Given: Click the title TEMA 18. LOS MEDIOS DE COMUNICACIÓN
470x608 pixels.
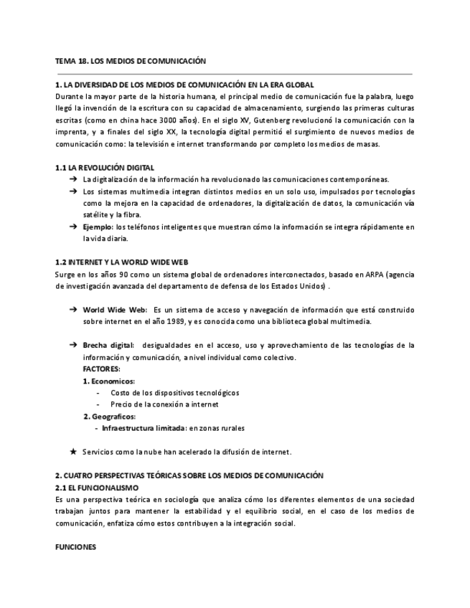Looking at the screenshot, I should tap(131, 62).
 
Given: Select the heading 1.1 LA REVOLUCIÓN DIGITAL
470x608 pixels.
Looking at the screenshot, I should tap(104, 167).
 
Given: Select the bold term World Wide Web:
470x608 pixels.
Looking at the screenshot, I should tap(115, 310).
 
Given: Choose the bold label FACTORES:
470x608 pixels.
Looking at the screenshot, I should tap(101, 369).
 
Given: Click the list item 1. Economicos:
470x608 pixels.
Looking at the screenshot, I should tap(109, 381).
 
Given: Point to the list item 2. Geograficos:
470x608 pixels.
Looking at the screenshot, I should tap(109, 416).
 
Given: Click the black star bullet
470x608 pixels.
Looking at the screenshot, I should tap(72, 452).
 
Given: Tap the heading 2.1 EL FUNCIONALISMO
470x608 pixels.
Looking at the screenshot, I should tap(97, 487).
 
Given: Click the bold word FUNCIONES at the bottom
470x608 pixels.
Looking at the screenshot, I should tap(75, 546).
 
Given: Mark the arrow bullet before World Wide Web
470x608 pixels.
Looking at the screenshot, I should tap(73, 310).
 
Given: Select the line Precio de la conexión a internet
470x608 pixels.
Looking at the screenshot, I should tap(164, 404).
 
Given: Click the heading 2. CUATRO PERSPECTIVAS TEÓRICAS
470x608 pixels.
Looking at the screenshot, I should tap(189, 475).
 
